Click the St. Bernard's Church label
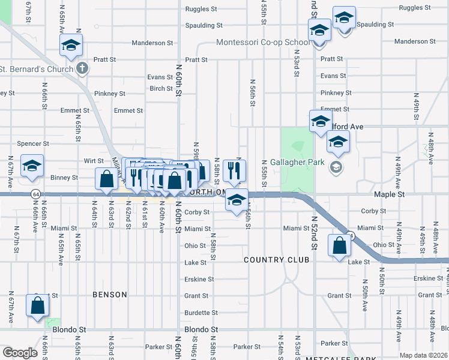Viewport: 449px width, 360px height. pos(35,68)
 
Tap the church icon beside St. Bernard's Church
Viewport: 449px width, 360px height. pos(83,68)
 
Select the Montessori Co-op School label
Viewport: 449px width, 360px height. pos(263,43)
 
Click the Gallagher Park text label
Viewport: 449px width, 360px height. pos(297,162)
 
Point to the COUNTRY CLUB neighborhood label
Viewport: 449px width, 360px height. pos(276,260)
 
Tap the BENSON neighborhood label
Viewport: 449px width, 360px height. pos(110,295)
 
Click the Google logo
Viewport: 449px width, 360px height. pos(20,353)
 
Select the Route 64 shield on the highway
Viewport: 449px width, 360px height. pos(36,194)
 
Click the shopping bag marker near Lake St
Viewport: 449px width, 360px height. pos(340,245)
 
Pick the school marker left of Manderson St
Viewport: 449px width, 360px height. pos(71,45)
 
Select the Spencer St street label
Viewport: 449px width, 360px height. pos(33,144)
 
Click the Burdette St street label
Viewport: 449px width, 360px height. pos(201,313)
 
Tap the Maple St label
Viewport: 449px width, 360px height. pos(389,195)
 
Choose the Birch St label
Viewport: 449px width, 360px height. pos(161,89)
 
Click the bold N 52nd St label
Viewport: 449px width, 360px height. pos(313,234)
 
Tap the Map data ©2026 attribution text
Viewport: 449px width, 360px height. pos(424,355)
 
